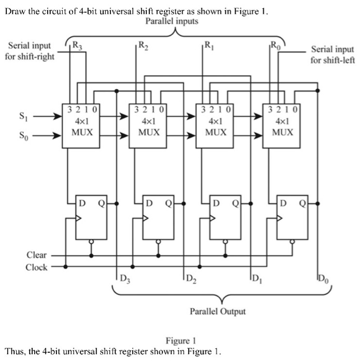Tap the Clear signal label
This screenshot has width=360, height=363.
point(36,255)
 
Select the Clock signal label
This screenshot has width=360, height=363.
point(36,267)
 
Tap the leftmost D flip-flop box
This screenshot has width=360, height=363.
point(91,217)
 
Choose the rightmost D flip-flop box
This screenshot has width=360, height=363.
point(292,217)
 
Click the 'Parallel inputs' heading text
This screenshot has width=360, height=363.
point(172,21)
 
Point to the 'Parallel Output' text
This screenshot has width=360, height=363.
point(217,311)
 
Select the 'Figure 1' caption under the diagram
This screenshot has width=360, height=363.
point(180,341)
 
